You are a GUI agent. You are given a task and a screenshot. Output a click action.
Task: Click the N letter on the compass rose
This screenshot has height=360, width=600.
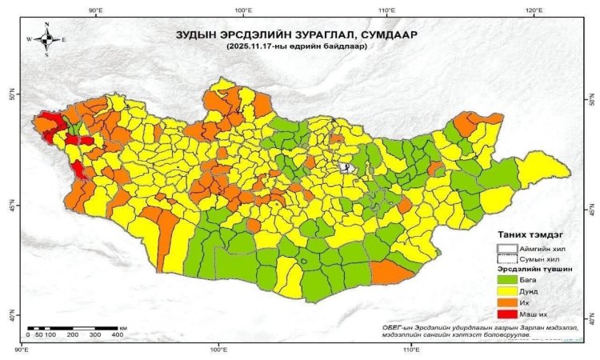click(47, 25)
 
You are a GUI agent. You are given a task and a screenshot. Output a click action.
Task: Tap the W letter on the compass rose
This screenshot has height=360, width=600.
click(30, 39)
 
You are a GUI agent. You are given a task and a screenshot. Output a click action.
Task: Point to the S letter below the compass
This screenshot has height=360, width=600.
click(47, 54)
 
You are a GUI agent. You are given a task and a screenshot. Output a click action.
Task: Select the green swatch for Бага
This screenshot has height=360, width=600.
click(508, 280)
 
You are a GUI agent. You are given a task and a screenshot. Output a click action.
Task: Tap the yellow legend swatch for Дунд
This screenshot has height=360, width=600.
click(508, 292)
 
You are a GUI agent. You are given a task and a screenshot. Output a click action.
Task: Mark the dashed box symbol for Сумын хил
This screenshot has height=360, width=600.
click(508, 258)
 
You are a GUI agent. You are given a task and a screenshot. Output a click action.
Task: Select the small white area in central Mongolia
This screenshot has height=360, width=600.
click(345, 168)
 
